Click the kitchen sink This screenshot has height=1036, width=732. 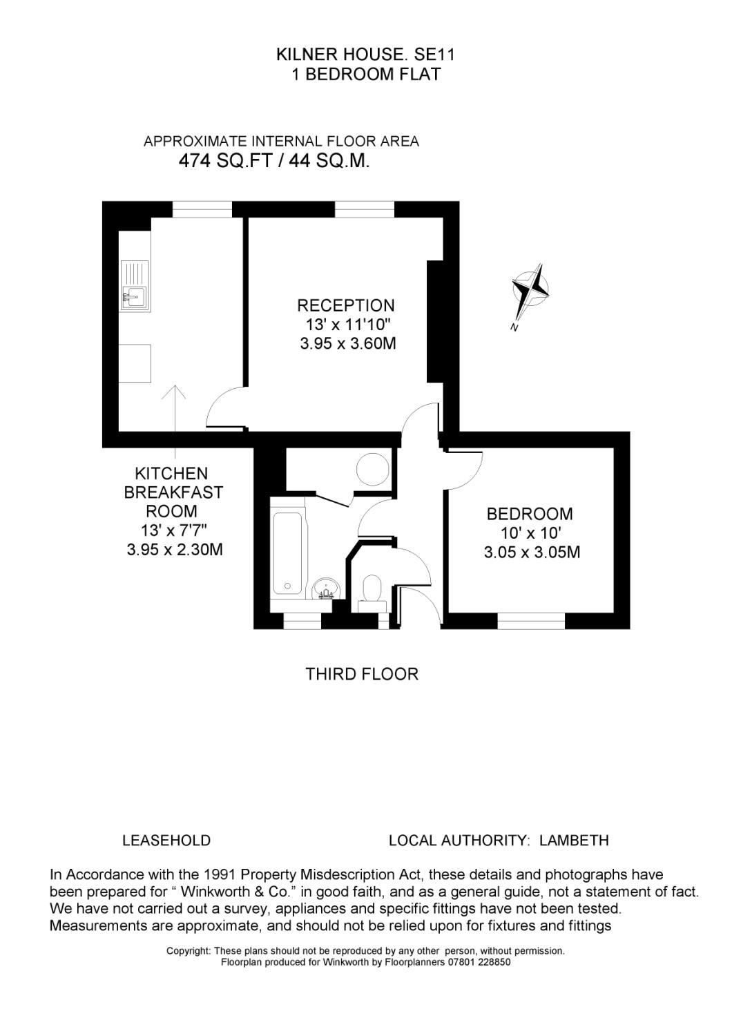point(134,296)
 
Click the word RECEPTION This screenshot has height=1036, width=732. point(346,305)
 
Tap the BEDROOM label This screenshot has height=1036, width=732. point(530,514)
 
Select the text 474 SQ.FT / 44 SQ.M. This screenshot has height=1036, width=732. point(274,162)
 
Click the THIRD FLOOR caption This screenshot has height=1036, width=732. point(362,674)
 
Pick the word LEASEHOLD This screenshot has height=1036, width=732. point(166,841)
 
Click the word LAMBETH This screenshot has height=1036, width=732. point(574,841)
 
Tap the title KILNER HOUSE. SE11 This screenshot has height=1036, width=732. point(366,54)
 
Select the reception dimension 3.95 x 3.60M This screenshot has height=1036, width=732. point(347,343)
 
